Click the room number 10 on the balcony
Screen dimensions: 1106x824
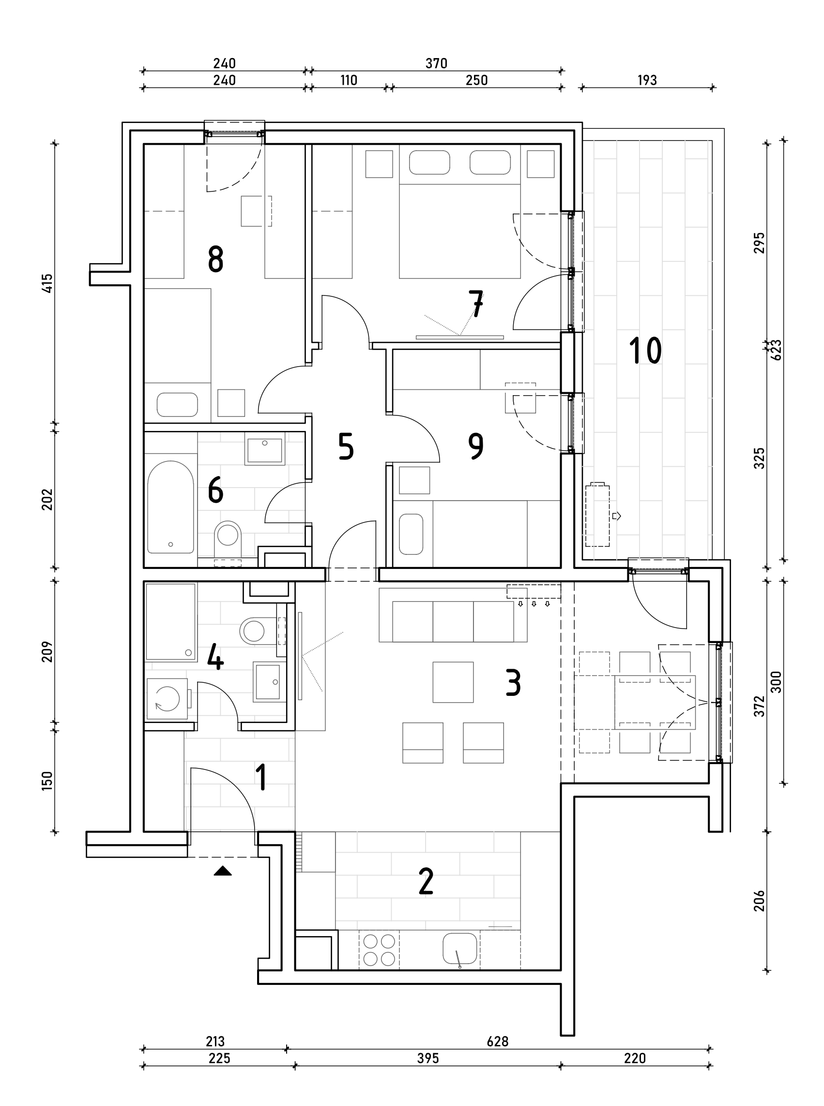645,350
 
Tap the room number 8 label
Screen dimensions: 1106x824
215,260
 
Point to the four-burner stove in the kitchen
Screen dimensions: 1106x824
379,950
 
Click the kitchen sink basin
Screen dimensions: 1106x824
459,948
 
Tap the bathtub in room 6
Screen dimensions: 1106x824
170,507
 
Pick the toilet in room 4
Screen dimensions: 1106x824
254,631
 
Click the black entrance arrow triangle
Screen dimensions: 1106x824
222,871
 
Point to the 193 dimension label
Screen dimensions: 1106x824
647,80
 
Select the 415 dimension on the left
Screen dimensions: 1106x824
47,283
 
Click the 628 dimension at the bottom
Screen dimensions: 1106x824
497,1042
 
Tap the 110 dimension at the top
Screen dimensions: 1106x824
349,80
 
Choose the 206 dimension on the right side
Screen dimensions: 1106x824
759,901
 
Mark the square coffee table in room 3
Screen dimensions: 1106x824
453,682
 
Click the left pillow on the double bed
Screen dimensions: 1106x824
429,163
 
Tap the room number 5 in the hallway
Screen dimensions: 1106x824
346,446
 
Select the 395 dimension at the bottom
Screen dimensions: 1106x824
428,1059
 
